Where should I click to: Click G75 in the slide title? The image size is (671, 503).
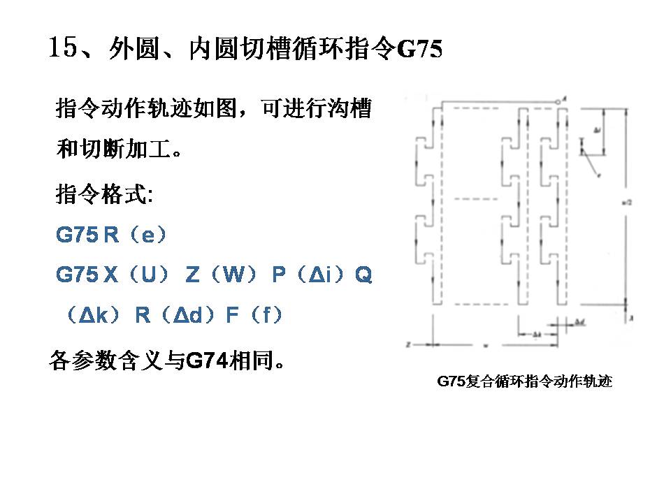click(x=419, y=50)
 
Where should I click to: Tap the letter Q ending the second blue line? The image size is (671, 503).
click(x=364, y=276)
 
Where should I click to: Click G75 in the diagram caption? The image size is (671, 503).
click(x=451, y=381)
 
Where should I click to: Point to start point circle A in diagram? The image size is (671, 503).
click(x=558, y=102)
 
